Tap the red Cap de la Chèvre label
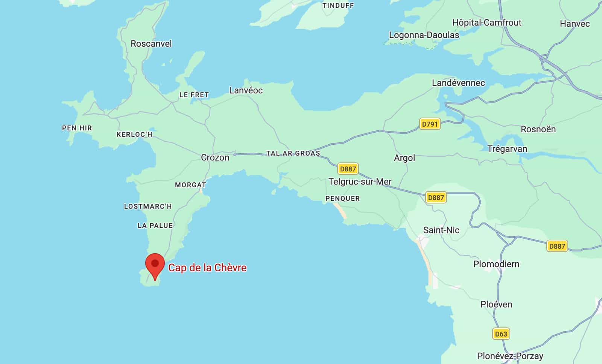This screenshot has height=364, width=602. coord(207,268)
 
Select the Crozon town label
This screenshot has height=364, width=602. coord(215,158)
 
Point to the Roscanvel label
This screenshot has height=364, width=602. coord(151,44)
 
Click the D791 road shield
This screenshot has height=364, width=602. coord(429,124)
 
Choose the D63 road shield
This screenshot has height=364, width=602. coord(501,334)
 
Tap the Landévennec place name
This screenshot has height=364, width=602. coord(458,83)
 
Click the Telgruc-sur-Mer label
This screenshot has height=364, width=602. coord(360,182)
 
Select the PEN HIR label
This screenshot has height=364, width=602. coord(77,128)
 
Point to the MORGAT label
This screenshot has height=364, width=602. coord(190,185)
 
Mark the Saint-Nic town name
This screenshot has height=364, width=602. coord(441,230)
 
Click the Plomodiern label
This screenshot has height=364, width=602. coord(496,264)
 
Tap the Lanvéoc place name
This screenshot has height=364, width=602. coord(246,90)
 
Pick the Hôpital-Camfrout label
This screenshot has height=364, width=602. coord(486,23)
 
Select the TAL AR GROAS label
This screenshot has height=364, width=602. coord(293,153)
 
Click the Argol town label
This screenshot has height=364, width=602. coord(404,158)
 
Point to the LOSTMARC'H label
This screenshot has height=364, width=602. coord(148,206)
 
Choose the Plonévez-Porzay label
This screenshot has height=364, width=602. coord(510,356)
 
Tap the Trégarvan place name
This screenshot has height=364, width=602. coord(507,149)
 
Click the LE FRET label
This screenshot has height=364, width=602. coord(194,95)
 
